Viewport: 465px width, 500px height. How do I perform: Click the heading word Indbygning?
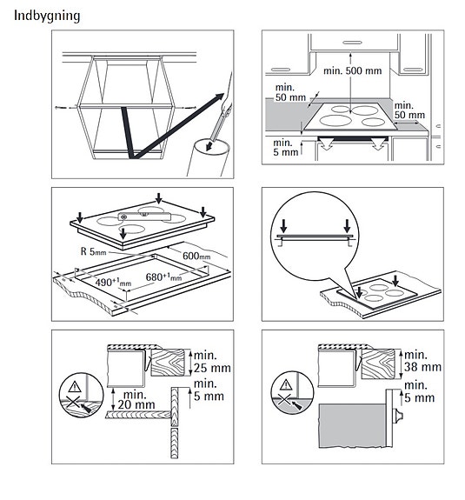[47, 16]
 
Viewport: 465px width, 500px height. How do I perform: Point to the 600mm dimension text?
[197, 256]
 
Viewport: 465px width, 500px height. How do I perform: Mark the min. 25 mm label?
[212, 363]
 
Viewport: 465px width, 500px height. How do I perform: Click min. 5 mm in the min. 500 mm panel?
[284, 149]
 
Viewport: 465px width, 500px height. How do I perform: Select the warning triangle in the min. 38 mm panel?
[284, 383]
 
